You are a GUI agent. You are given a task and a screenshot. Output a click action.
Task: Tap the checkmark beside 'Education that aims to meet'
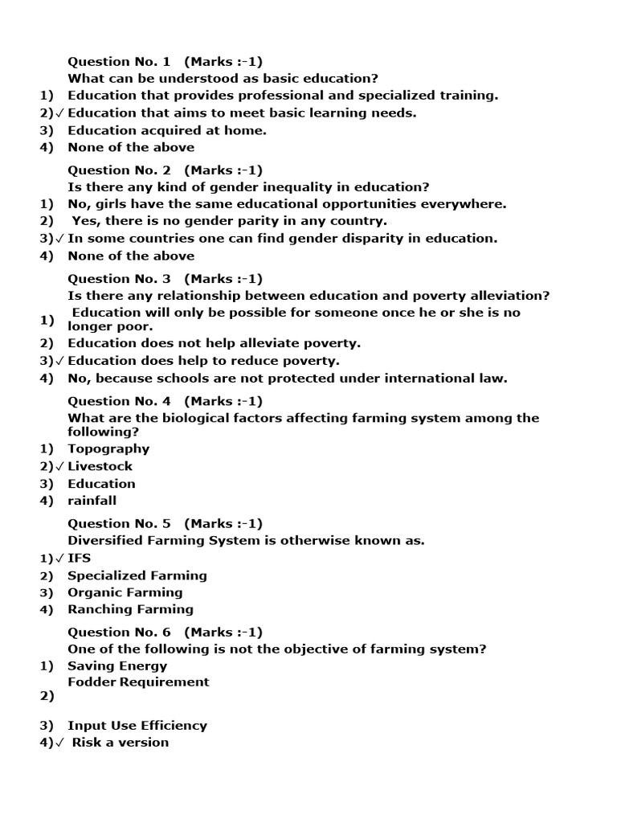coord(61,113)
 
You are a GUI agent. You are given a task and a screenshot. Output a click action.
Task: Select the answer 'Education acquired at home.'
coord(167,130)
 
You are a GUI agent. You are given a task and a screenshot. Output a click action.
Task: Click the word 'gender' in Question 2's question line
coord(208,186)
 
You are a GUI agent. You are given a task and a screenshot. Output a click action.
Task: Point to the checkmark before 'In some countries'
coord(61,238)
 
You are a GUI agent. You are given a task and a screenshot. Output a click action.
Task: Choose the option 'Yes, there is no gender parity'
coord(230,220)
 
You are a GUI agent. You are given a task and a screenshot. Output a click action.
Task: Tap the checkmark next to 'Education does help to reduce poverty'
coord(61,361)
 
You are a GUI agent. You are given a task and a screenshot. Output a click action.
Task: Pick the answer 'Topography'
coord(108,448)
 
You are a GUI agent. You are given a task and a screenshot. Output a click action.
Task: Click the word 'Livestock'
coord(100,466)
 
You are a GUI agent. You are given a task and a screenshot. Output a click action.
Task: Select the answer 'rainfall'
coord(92,501)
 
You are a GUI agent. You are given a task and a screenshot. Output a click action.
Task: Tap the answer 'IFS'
coord(80,558)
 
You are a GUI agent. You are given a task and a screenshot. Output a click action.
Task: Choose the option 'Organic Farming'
coord(125,592)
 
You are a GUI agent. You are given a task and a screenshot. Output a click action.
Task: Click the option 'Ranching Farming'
coord(130,609)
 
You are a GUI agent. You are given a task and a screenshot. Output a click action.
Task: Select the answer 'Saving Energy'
coord(117,665)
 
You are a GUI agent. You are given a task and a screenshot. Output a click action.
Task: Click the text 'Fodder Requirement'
coord(138,682)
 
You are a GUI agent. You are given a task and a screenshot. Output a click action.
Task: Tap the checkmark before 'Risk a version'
coord(61,743)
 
